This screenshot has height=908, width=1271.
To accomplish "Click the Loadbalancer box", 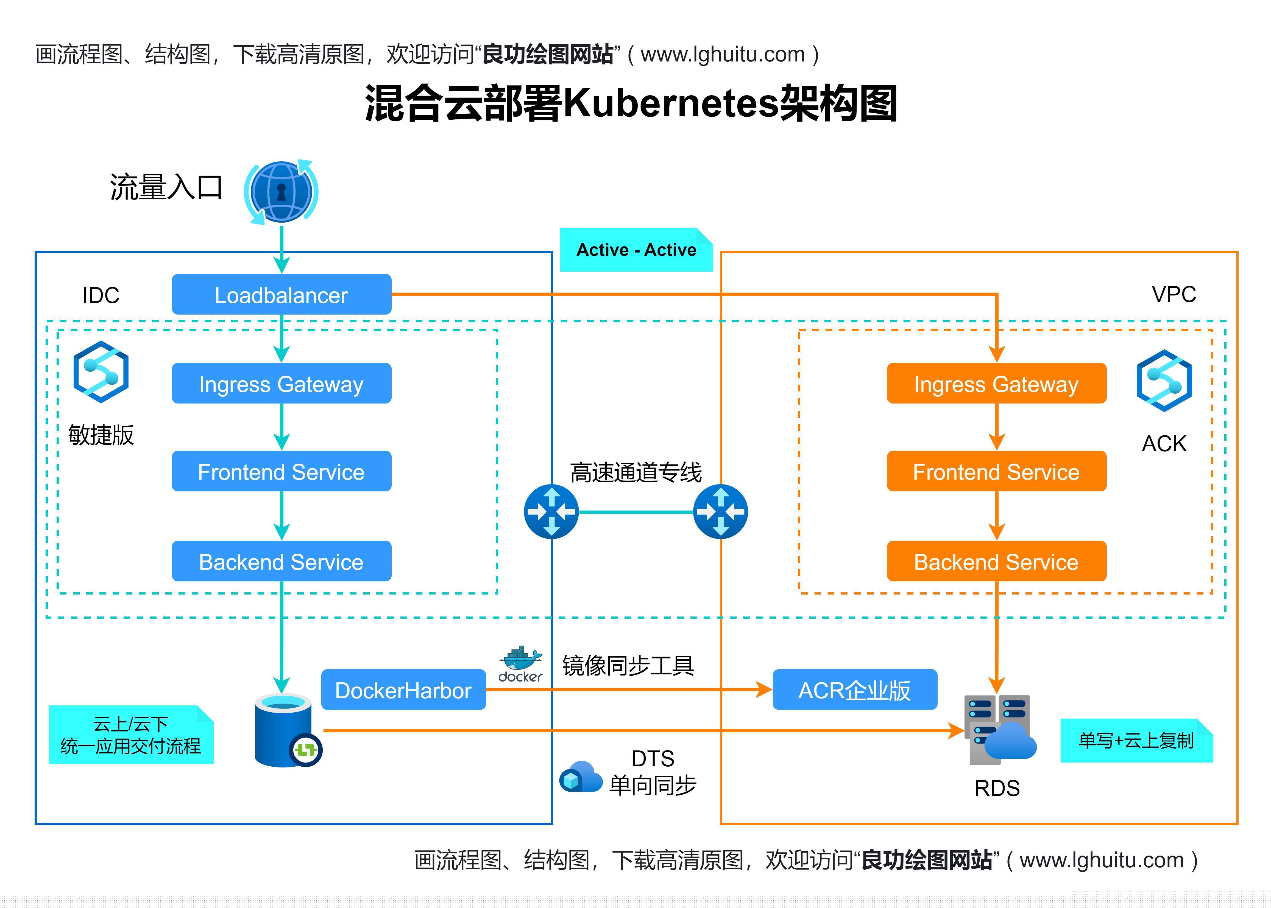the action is [x=281, y=294].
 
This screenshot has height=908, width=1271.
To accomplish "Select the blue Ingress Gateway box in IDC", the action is [x=281, y=383].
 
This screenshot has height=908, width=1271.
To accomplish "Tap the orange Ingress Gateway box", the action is [x=996, y=383].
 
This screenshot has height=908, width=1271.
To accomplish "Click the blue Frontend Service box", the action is [x=281, y=471].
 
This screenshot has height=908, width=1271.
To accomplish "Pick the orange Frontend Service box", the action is [x=996, y=471].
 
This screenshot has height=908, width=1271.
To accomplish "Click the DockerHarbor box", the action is [x=403, y=690].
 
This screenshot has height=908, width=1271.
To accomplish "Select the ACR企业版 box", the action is [x=855, y=690].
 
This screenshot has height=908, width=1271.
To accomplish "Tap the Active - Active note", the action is [x=636, y=249].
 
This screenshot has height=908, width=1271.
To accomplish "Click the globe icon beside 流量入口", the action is [x=281, y=192].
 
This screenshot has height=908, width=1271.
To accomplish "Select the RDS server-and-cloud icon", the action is [x=1000, y=730].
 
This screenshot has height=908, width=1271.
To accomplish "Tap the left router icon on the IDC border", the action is [x=551, y=512].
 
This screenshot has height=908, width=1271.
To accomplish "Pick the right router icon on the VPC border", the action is [x=721, y=512].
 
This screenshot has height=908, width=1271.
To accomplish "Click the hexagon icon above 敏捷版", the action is [x=101, y=372].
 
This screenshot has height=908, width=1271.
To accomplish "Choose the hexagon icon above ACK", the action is [x=1164, y=381].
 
